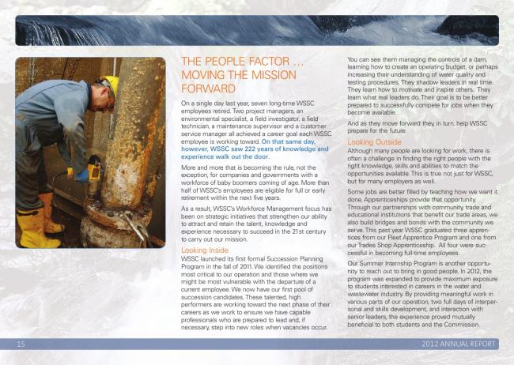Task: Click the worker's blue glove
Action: point(82,175)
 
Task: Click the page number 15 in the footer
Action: point(21,344)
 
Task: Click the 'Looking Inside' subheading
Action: point(205,250)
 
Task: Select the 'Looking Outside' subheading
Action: point(374,142)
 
